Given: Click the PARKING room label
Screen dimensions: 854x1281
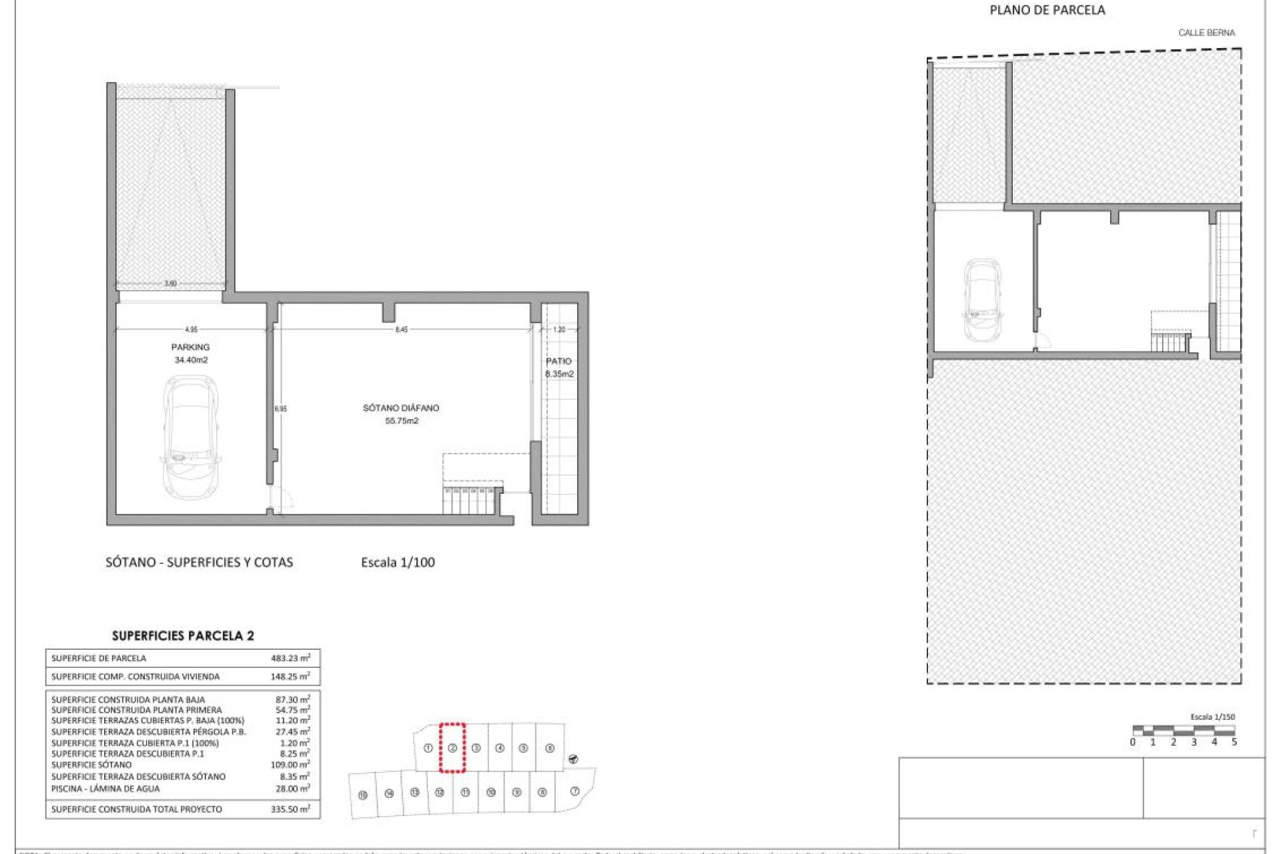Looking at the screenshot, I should point(190,347).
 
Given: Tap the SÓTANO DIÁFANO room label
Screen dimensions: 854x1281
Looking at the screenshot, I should point(401,408).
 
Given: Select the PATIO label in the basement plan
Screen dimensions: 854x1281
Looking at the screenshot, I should point(558,361).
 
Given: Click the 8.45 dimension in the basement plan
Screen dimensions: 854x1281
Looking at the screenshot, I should point(401,330).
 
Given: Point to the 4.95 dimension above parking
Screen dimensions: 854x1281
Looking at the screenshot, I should point(191,330).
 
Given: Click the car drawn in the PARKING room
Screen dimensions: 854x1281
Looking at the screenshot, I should point(191,437).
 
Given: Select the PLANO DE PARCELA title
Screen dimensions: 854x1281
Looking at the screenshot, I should point(1047,10).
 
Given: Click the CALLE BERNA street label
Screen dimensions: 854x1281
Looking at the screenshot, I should point(1206,33).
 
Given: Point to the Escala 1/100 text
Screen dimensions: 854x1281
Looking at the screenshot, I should point(398,562).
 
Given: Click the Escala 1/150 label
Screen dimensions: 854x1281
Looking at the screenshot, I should point(1212,717).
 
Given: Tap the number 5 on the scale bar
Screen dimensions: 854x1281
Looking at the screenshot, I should point(1234,742).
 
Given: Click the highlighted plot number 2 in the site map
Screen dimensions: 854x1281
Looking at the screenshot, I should point(452,748).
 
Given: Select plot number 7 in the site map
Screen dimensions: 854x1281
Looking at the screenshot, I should point(574,791).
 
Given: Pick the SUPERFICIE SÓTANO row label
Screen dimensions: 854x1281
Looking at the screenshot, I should point(91,765).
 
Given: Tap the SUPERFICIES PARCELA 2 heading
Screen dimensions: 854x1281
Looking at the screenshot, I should point(183,636).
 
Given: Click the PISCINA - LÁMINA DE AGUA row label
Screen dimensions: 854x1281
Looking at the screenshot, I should point(105,789).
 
